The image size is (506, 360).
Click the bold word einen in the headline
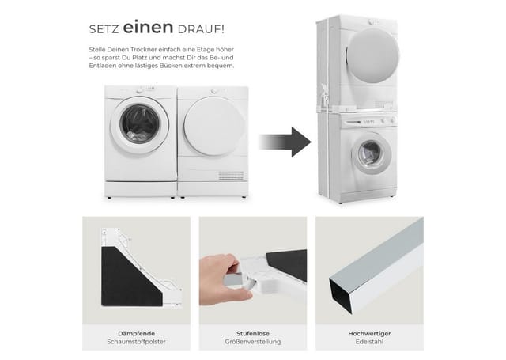(x=148, y=28)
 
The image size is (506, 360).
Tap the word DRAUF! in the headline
(x=201, y=29)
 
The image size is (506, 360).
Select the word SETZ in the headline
(x=104, y=29)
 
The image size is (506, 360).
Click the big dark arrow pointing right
(x=285, y=142)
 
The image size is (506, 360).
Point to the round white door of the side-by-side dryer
(x=213, y=127)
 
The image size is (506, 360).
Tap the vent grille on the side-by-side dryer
(x=231, y=176)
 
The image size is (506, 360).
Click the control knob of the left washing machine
(x=139, y=91)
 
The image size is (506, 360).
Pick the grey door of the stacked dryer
(x=372, y=55)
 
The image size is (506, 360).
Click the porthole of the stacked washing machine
(x=371, y=154)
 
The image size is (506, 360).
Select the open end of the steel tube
(x=342, y=294)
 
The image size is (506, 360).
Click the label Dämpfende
(x=136, y=334)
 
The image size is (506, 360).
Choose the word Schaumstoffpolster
(x=136, y=342)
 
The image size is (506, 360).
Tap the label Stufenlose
(x=253, y=334)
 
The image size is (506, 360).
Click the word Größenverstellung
(x=253, y=342)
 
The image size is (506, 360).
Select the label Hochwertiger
(x=369, y=334)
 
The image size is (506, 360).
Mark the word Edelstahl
(x=369, y=342)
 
